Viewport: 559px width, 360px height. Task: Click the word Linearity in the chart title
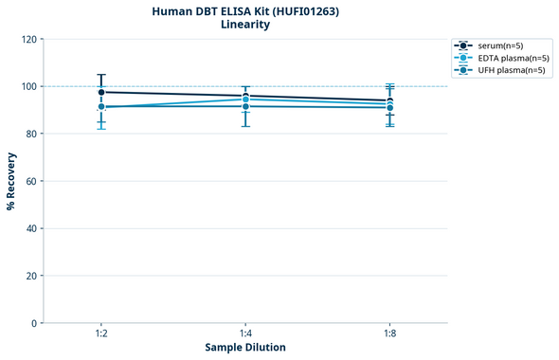(x=245, y=25)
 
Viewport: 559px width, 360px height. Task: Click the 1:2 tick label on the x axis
(x=101, y=334)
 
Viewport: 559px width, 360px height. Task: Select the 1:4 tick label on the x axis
(x=245, y=334)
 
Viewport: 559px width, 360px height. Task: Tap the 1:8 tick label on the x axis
(x=389, y=334)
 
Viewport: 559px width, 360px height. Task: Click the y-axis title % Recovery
(x=11, y=180)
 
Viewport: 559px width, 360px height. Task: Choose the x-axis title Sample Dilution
(x=245, y=348)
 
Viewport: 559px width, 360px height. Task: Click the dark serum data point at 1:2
(x=101, y=92)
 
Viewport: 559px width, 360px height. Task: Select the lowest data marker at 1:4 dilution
(x=245, y=106)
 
